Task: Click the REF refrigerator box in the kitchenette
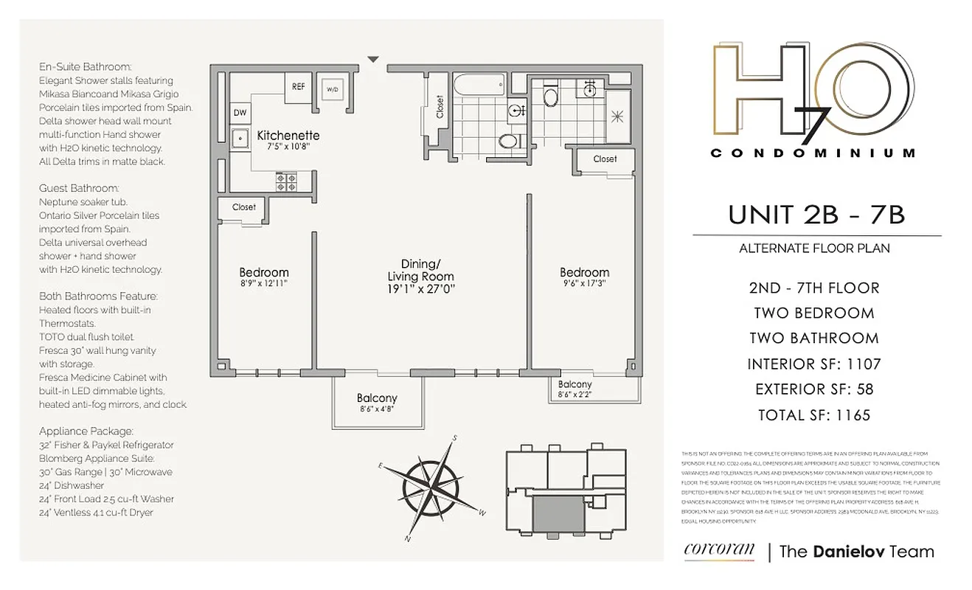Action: (x=298, y=87)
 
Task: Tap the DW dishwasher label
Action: (x=240, y=113)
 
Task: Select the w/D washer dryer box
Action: (x=333, y=88)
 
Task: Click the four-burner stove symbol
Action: (x=286, y=180)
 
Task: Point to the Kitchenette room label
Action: (x=288, y=136)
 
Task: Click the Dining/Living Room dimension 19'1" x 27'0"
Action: (x=420, y=289)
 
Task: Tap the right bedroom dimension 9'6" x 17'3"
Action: (x=584, y=284)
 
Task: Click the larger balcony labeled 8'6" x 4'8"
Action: (x=377, y=403)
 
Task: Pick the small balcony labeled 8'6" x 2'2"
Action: (x=574, y=389)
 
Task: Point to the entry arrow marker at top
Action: (x=373, y=60)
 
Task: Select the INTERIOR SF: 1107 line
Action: (x=814, y=364)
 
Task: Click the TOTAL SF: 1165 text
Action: (x=814, y=415)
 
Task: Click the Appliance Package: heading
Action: (x=86, y=431)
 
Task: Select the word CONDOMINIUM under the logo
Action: (x=813, y=153)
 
